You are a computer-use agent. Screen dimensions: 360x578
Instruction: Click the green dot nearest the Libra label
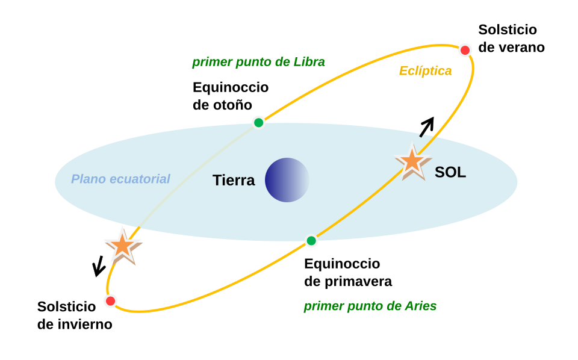click(258, 122)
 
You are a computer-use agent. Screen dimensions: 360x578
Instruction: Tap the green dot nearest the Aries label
click(311, 241)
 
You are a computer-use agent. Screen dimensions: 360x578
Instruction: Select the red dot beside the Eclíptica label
click(465, 50)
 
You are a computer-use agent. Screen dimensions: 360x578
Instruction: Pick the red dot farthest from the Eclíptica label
click(110, 300)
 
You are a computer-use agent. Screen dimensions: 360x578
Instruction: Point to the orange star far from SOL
click(123, 245)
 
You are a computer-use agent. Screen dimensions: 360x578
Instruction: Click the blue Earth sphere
click(287, 180)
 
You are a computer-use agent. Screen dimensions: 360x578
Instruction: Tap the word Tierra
click(234, 180)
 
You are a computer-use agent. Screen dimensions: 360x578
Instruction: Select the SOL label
click(450, 172)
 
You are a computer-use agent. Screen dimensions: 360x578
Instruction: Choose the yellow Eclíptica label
click(425, 71)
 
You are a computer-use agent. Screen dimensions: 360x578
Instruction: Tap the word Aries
click(420, 306)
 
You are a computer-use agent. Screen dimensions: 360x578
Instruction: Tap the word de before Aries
click(393, 306)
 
